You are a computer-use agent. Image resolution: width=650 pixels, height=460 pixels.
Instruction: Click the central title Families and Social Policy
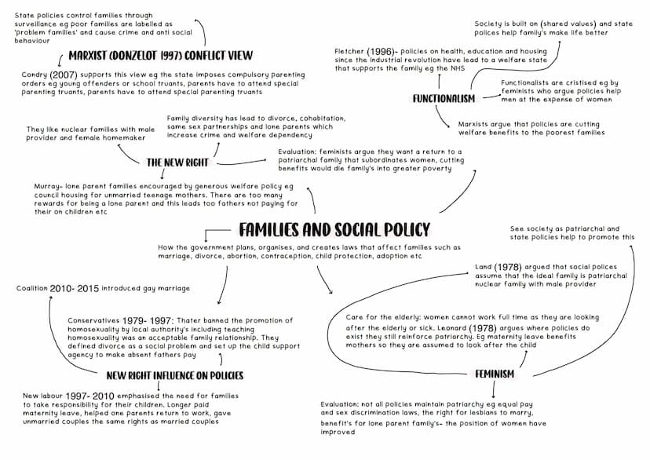[334, 229]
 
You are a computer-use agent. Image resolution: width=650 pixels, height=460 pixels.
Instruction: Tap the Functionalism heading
[444, 99]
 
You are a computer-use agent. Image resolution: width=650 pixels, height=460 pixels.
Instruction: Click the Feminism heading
[495, 374]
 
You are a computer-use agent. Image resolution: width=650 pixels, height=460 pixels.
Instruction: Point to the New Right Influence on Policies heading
[175, 375]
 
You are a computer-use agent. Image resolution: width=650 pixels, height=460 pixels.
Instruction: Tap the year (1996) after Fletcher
[380, 51]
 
